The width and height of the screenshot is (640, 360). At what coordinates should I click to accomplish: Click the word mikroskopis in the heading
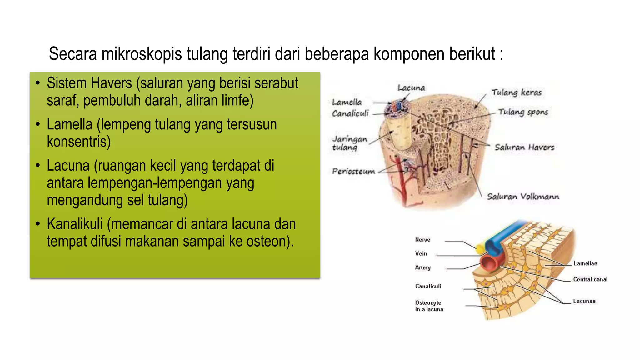tap(142, 54)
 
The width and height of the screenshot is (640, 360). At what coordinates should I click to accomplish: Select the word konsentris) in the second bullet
tap(79, 142)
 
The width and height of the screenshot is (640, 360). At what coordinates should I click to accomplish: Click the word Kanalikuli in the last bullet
tap(75, 224)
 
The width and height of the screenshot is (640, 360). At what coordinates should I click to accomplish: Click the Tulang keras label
tap(516, 92)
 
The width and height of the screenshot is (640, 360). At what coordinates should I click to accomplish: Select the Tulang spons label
tap(523, 112)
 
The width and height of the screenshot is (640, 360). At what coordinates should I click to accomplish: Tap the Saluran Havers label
tap(524, 147)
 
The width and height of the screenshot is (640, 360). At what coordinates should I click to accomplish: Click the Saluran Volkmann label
tap(523, 197)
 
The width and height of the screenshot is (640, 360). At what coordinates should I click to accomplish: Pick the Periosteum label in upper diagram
tap(353, 171)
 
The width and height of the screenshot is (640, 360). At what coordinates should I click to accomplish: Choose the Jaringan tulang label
tap(349, 143)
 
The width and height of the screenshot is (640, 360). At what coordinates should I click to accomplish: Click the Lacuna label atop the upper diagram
tap(411, 88)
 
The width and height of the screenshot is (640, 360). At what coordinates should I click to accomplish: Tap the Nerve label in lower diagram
tap(422, 240)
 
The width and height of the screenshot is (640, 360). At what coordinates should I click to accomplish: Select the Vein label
tap(421, 253)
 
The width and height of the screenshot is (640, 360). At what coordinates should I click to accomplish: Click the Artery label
tap(422, 267)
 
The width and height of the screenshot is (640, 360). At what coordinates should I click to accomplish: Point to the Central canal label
tap(590, 279)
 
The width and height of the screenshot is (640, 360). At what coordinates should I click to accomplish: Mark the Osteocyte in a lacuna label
tap(429, 306)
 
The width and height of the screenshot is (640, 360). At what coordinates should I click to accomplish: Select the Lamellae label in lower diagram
tap(585, 263)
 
